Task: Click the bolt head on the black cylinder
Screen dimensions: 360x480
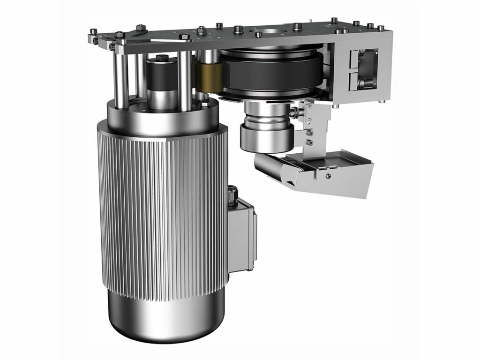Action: click(162, 58)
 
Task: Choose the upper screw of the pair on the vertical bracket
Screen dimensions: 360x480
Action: click(308, 133)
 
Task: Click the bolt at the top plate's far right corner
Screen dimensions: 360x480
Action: click(382, 28)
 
